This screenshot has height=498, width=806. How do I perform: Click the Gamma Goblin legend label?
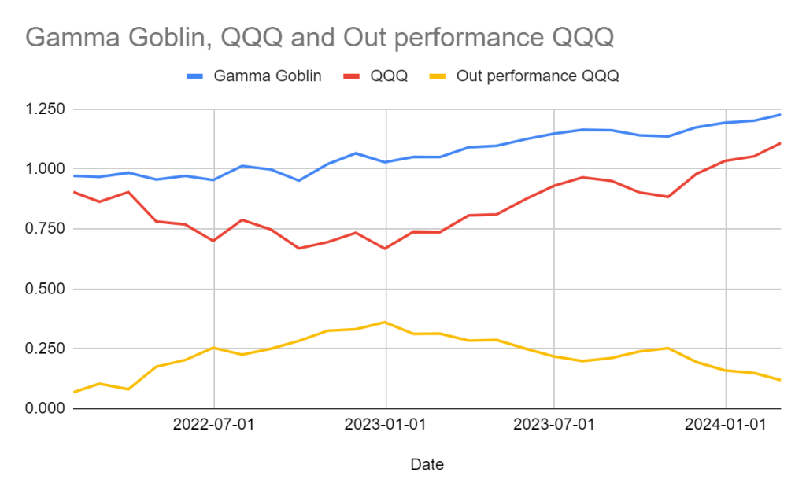268,76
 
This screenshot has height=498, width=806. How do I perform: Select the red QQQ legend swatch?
353,76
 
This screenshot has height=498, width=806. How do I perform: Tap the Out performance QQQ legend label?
538,76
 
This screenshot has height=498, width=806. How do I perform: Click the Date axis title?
427,465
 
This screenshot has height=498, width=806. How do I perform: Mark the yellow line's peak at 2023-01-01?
385,322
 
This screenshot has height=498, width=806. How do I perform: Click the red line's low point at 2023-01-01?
385,249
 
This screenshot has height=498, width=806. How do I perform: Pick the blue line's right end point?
780,114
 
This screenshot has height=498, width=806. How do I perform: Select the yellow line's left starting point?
72,392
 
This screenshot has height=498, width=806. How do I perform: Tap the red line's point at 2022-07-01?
214,241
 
